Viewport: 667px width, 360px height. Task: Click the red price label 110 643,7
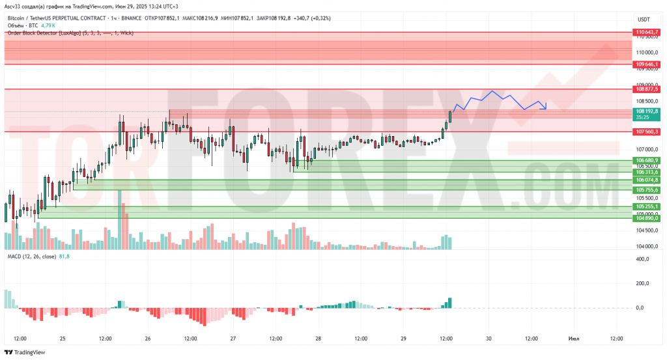(x=647, y=32)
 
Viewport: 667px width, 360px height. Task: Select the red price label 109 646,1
(x=647, y=64)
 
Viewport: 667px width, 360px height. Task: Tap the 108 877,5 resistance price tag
(x=647, y=89)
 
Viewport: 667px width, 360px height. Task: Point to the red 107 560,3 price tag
(x=647, y=132)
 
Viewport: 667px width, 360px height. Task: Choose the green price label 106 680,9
(x=647, y=160)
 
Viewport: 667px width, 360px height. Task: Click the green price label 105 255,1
(x=647, y=206)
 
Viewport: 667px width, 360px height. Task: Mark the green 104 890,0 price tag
(x=647, y=218)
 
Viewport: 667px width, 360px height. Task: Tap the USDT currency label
(x=644, y=20)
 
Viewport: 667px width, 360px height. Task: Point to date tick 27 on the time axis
(x=233, y=339)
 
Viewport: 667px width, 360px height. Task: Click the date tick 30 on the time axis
(x=489, y=339)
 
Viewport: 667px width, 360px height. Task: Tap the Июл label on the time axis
(x=574, y=339)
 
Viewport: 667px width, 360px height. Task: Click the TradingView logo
(x=26, y=352)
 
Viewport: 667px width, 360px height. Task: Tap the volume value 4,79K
(x=50, y=25)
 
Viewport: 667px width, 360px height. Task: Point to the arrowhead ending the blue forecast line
(x=545, y=106)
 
